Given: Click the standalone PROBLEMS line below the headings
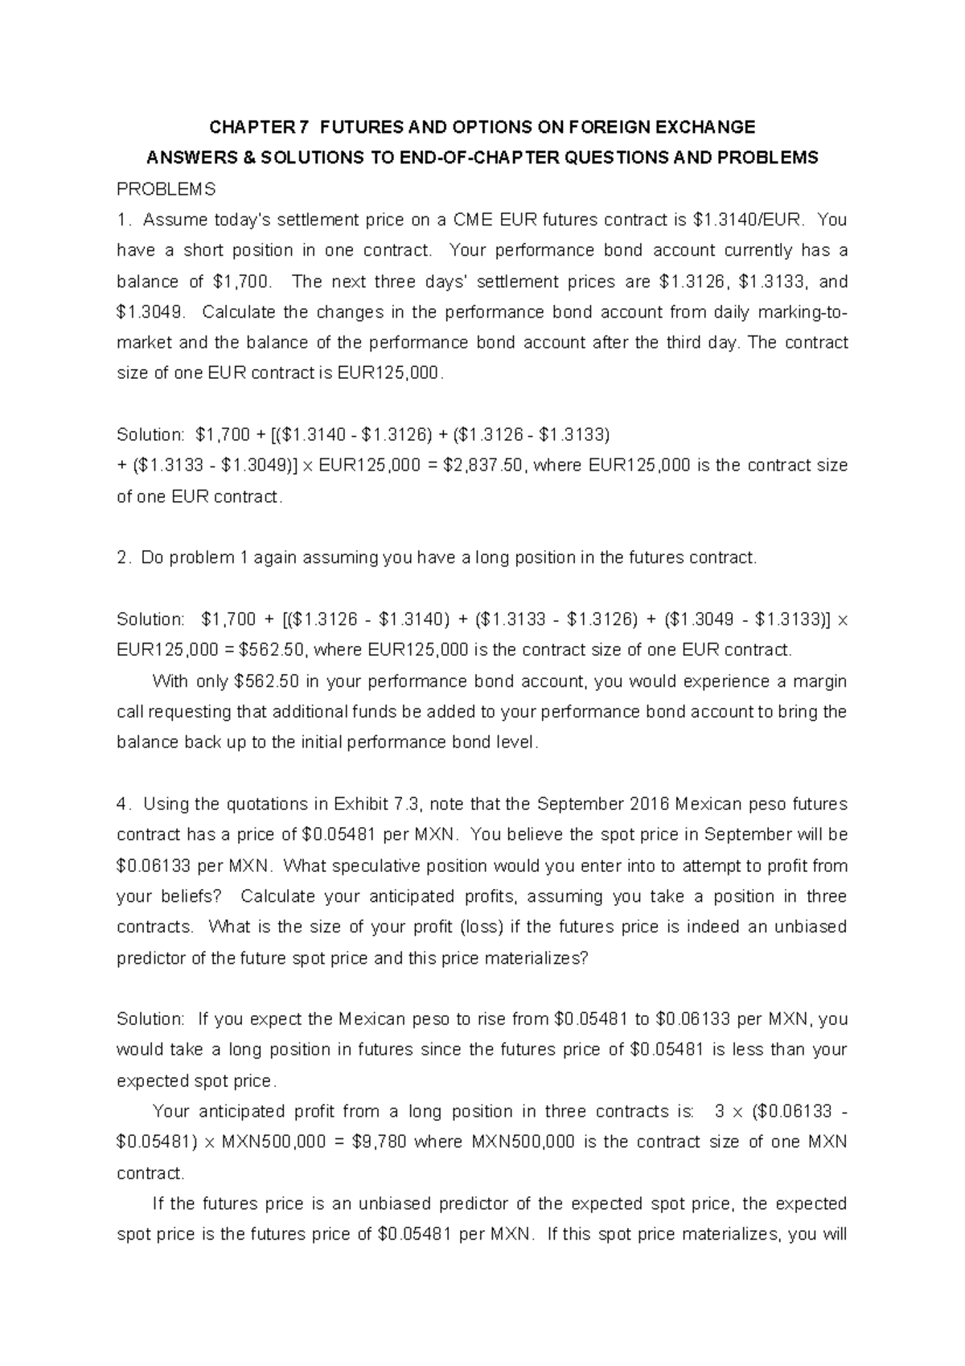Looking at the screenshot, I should point(166,190).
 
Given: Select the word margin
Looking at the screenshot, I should point(819,681).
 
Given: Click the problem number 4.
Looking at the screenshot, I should point(121,804).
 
